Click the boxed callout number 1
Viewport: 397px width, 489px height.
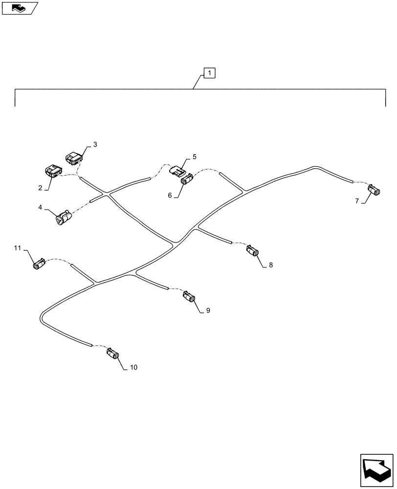(209, 74)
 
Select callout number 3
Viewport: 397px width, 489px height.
(95, 145)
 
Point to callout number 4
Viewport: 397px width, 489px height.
(40, 207)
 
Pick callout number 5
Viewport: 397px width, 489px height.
(194, 157)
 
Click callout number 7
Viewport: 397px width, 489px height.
(357, 200)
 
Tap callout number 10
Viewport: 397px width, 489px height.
(133, 367)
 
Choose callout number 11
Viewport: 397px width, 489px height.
(18, 249)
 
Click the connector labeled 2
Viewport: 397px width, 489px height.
(52, 171)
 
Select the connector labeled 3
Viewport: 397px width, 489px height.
(74, 157)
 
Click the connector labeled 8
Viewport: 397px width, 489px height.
(253, 251)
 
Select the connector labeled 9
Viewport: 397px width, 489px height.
(190, 297)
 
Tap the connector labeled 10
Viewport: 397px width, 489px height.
(113, 354)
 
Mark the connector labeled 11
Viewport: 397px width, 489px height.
(39, 264)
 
